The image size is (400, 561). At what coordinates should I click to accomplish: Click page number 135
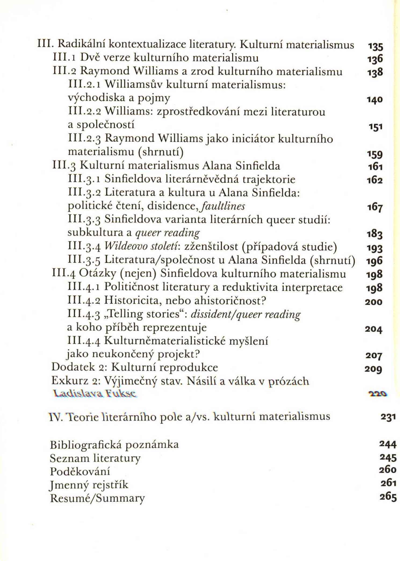tap(375, 47)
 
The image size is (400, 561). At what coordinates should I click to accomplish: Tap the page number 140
tap(375, 100)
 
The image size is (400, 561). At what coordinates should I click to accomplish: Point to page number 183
tap(375, 234)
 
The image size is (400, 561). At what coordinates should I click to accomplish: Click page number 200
tap(373, 302)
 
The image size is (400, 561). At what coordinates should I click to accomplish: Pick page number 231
tap(388, 417)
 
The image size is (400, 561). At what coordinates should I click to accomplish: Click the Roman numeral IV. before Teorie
tap(56, 417)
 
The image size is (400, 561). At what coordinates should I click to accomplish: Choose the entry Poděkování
tap(80, 471)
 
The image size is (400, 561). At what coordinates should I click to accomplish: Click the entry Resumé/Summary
tap(97, 498)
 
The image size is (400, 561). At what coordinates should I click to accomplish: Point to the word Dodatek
tap(69, 367)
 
